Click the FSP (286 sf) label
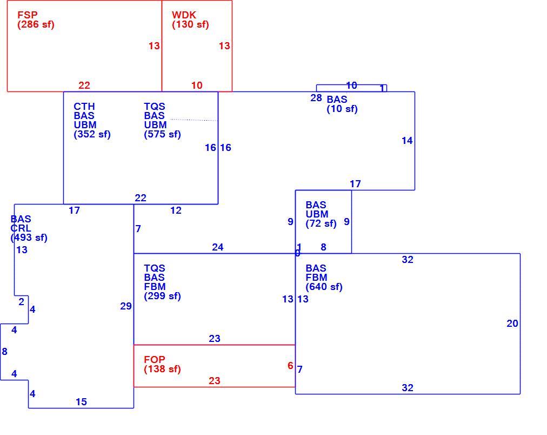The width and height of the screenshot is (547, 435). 36,19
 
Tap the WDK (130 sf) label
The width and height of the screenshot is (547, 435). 190,19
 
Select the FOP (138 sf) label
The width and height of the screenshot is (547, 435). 162,364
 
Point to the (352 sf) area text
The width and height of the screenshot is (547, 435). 92,134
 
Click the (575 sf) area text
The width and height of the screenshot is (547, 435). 162,134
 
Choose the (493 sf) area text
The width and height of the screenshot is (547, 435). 29,238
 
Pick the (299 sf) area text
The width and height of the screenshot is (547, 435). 162,296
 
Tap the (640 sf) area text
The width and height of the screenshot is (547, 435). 324,287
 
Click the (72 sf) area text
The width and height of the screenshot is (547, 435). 321,223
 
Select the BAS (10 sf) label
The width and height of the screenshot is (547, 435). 342,104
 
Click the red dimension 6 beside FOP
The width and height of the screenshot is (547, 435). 290,366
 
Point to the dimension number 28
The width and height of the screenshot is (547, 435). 316,98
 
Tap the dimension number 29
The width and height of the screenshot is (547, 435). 126,306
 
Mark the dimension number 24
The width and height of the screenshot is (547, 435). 218,247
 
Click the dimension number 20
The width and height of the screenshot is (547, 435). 512,324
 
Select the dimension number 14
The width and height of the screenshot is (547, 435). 407,141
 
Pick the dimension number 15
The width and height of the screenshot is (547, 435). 81,402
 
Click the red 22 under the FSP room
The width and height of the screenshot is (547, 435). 84,85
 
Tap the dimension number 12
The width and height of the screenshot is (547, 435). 176,210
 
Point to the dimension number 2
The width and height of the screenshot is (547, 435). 21,302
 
